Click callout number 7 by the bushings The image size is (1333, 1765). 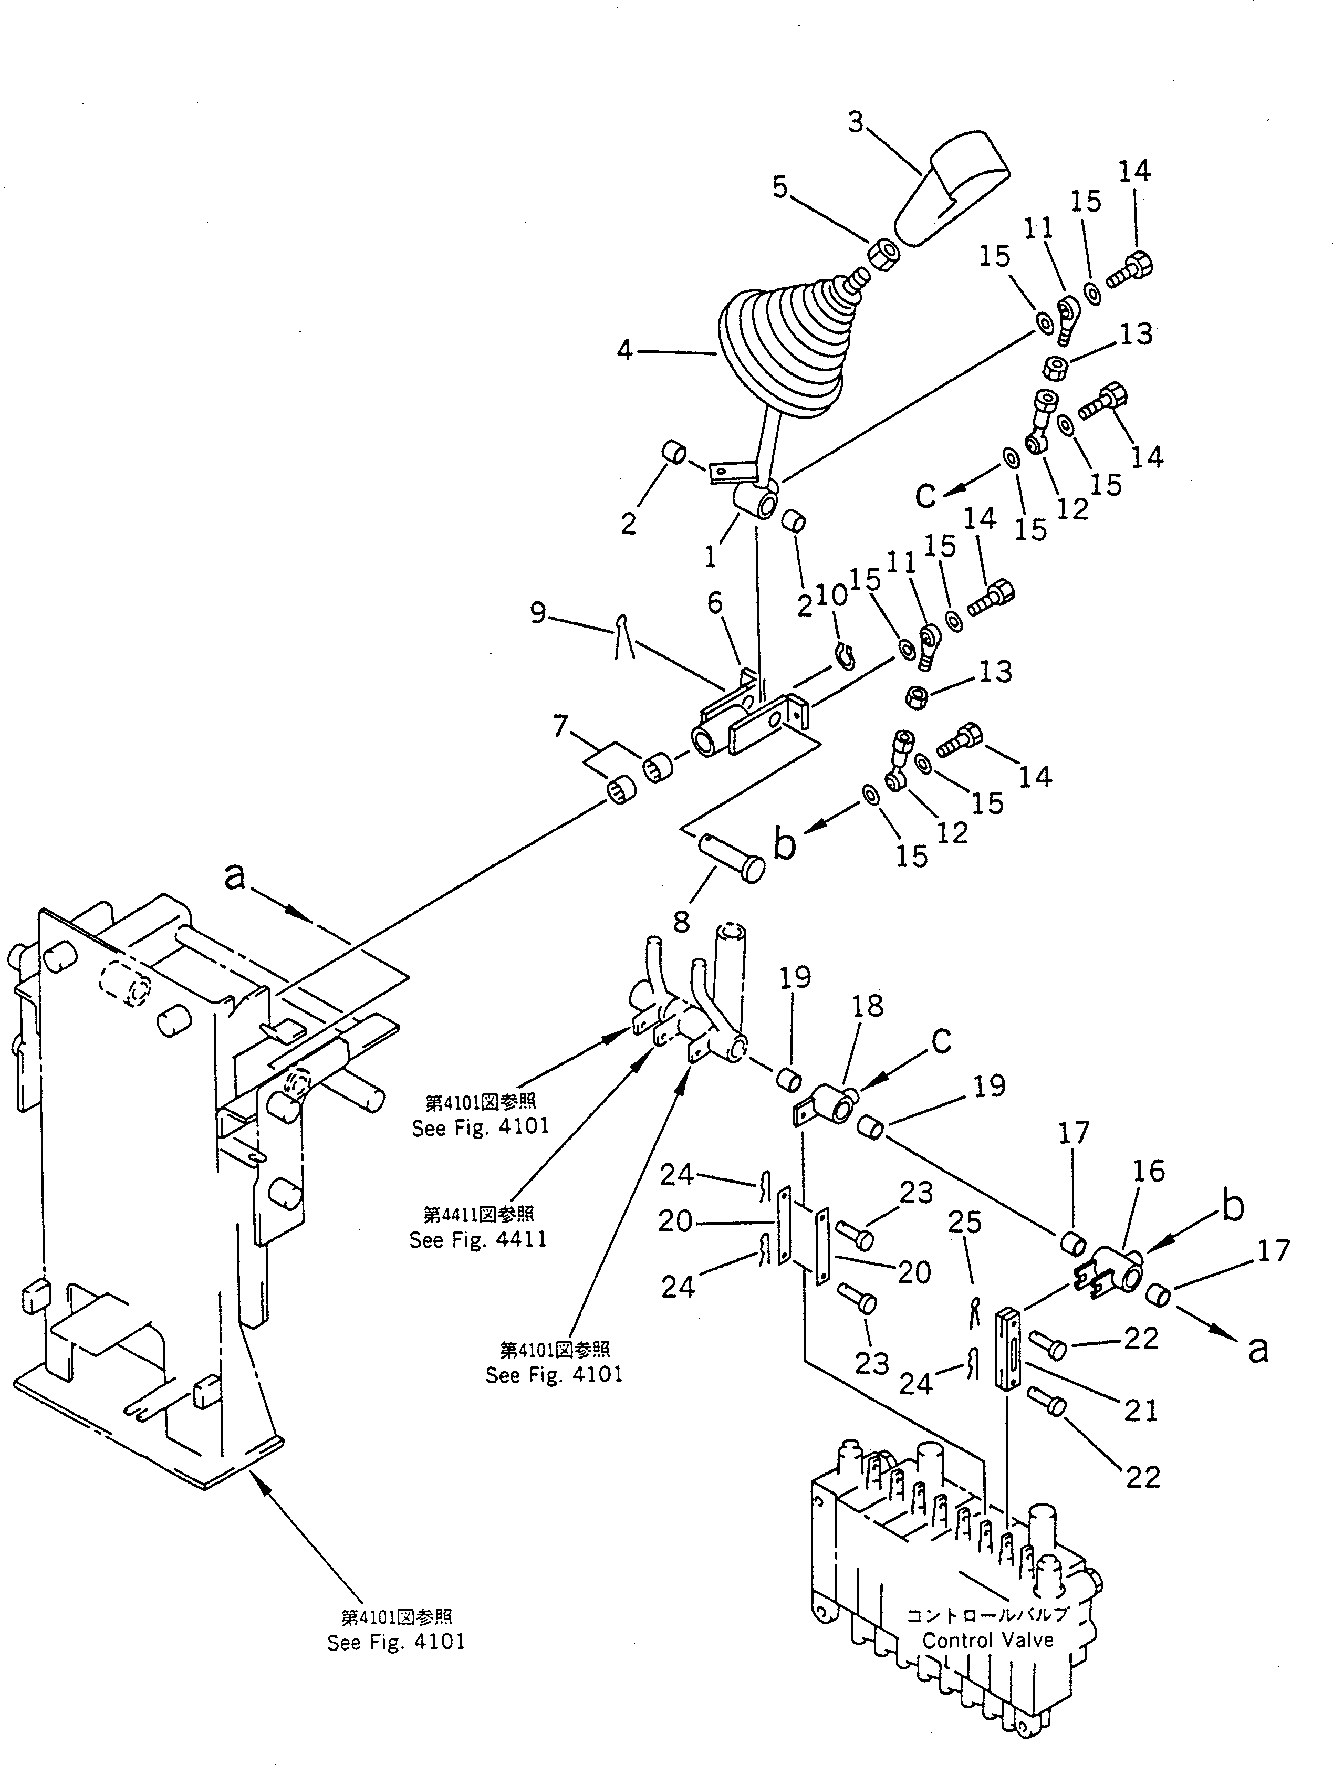(560, 726)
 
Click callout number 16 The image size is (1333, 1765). (1148, 1172)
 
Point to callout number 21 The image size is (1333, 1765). (1140, 1411)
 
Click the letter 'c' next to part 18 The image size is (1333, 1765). (941, 1040)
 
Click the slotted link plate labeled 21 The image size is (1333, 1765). (1007, 1349)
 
